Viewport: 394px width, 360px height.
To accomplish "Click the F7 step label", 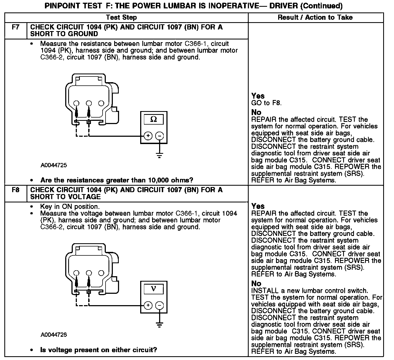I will (16, 27).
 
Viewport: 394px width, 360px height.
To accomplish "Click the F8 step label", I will (16, 190).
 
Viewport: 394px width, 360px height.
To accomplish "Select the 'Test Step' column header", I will (122, 18).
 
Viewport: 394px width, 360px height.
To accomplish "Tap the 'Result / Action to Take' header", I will (315, 18).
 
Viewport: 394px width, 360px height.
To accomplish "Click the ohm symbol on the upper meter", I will (153, 119).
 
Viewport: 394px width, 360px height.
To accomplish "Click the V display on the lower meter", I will (153, 289).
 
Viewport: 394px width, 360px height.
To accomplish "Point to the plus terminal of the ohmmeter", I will (148, 136).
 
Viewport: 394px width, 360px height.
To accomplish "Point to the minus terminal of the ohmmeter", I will (160, 136).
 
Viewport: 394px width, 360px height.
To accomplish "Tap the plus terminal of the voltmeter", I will (148, 305).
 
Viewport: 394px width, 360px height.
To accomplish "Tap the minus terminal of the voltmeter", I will (160, 305).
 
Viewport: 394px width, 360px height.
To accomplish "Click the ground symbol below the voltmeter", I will (160, 325).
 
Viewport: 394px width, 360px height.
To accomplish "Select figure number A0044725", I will (54, 165).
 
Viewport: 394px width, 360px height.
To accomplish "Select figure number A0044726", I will (54, 335).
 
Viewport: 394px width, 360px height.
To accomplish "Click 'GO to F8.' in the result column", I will (266, 103).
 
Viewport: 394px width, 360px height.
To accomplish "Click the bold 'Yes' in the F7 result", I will (258, 96).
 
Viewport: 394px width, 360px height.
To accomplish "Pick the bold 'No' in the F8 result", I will (256, 284).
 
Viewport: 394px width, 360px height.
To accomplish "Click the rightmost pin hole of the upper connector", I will (101, 103).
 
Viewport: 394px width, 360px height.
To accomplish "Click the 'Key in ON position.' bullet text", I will (70, 207).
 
